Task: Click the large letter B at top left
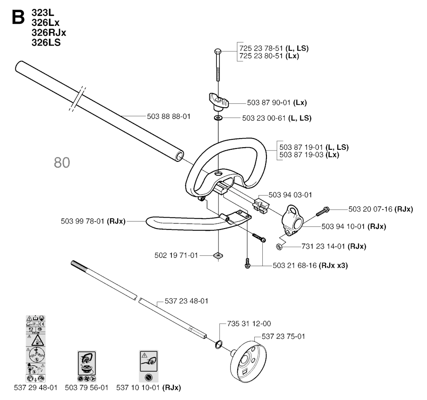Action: click(18, 17)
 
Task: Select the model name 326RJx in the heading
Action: click(49, 33)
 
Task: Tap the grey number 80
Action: click(62, 162)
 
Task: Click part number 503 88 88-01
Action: click(168, 116)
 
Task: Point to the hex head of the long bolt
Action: click(218, 51)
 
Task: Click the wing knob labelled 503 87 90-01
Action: click(219, 102)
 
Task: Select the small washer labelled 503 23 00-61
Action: click(218, 118)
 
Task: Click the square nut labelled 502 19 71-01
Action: click(218, 255)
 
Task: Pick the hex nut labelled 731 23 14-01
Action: click(279, 247)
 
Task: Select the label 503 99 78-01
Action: click(93, 221)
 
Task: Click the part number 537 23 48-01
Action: click(186, 301)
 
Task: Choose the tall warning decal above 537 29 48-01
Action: click(36, 349)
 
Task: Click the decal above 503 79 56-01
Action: click(87, 366)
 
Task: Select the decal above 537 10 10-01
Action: click(148, 366)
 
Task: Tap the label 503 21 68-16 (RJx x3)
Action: click(310, 265)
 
